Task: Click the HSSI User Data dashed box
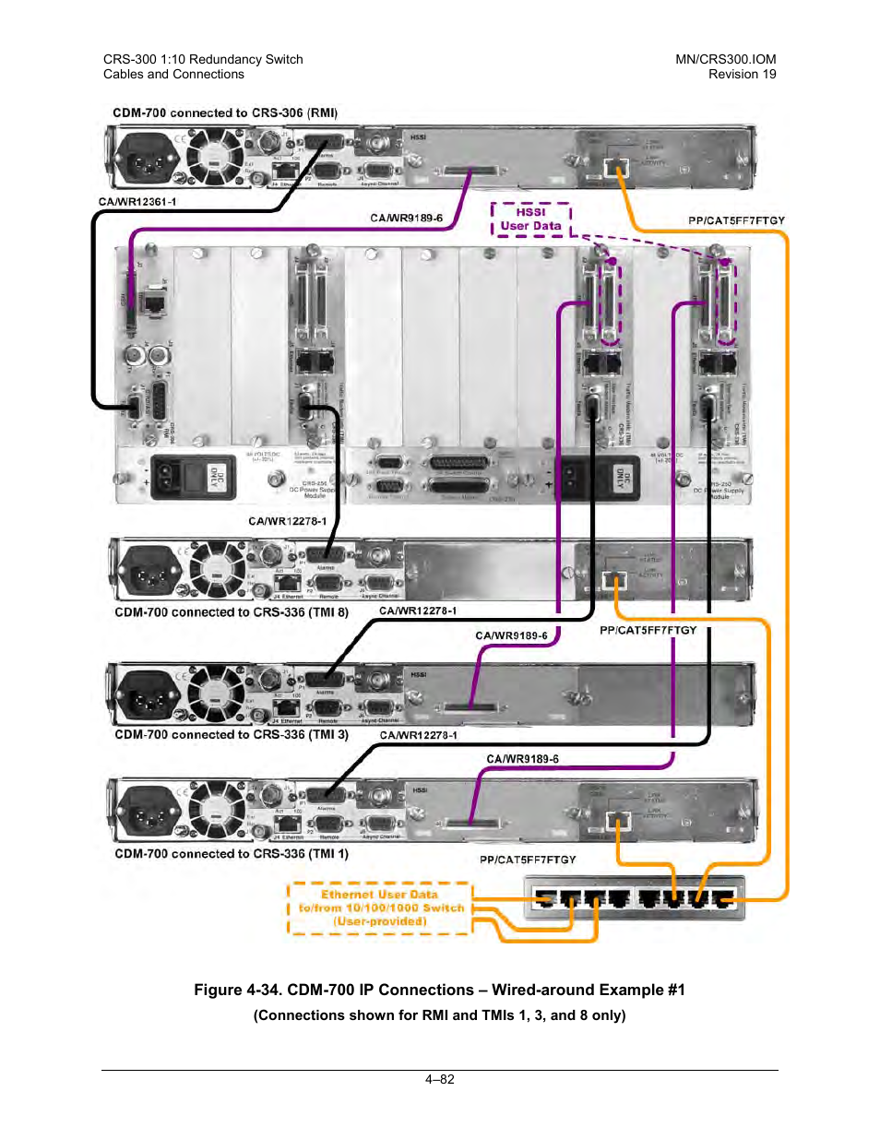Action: [x=530, y=219]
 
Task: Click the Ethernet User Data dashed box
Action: [x=380, y=908]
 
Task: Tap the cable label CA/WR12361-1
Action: [x=137, y=201]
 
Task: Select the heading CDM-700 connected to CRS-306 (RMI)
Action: [x=225, y=113]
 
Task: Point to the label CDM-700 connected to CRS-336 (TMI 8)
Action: [x=232, y=612]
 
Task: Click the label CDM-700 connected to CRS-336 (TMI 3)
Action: [x=232, y=735]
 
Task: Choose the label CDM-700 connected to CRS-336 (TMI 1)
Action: [x=232, y=854]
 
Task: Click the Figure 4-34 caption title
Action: [x=439, y=990]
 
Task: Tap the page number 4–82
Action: [x=440, y=1079]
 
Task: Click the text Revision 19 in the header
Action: [x=742, y=75]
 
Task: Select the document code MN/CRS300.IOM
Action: [x=725, y=59]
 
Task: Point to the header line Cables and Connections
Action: [x=173, y=75]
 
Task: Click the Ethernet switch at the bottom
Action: [x=635, y=897]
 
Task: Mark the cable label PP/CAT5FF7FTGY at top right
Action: [x=736, y=220]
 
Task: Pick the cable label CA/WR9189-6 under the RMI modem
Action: [x=406, y=219]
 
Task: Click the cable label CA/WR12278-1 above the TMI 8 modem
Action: [x=287, y=521]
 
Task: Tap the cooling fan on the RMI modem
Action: [x=214, y=157]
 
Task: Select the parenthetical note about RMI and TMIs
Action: [x=439, y=1015]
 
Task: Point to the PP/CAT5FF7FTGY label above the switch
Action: [x=528, y=860]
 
